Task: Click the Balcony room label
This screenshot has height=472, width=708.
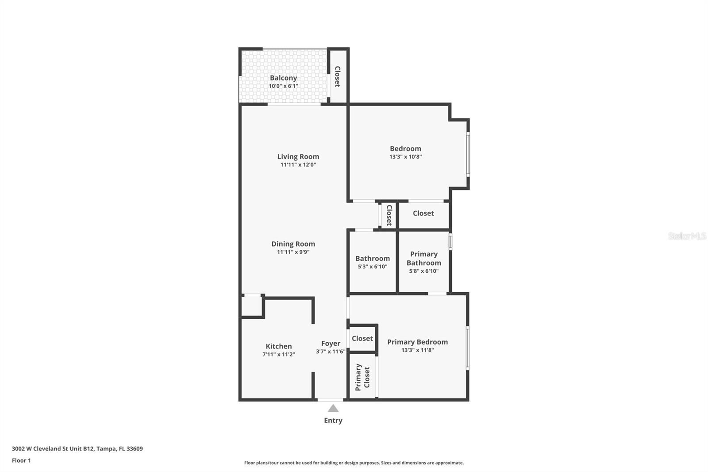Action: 283,78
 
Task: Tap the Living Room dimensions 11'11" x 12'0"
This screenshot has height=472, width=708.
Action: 298,165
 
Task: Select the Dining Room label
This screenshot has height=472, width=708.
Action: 293,244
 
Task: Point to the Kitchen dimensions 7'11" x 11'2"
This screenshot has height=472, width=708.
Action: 278,354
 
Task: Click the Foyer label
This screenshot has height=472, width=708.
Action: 331,344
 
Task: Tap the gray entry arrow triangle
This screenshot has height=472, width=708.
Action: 333,408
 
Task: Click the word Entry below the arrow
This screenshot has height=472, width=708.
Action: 333,421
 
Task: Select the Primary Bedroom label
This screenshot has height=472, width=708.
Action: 417,342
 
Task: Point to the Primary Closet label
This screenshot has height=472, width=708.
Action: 362,377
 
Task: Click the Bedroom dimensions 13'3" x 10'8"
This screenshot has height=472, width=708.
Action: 405,157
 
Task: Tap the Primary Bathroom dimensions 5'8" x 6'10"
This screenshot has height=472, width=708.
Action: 423,271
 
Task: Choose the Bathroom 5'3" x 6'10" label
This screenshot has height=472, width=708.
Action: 372,262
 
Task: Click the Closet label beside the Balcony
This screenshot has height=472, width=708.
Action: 337,77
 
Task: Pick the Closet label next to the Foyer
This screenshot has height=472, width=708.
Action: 362,338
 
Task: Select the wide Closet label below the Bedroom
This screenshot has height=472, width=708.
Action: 423,213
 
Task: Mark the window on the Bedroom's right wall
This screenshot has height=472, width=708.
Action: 468,155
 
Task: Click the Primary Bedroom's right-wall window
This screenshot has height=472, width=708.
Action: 468,348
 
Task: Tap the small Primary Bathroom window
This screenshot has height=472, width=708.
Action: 450,241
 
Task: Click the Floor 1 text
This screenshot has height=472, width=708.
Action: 21,460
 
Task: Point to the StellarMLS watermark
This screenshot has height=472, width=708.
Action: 687,236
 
